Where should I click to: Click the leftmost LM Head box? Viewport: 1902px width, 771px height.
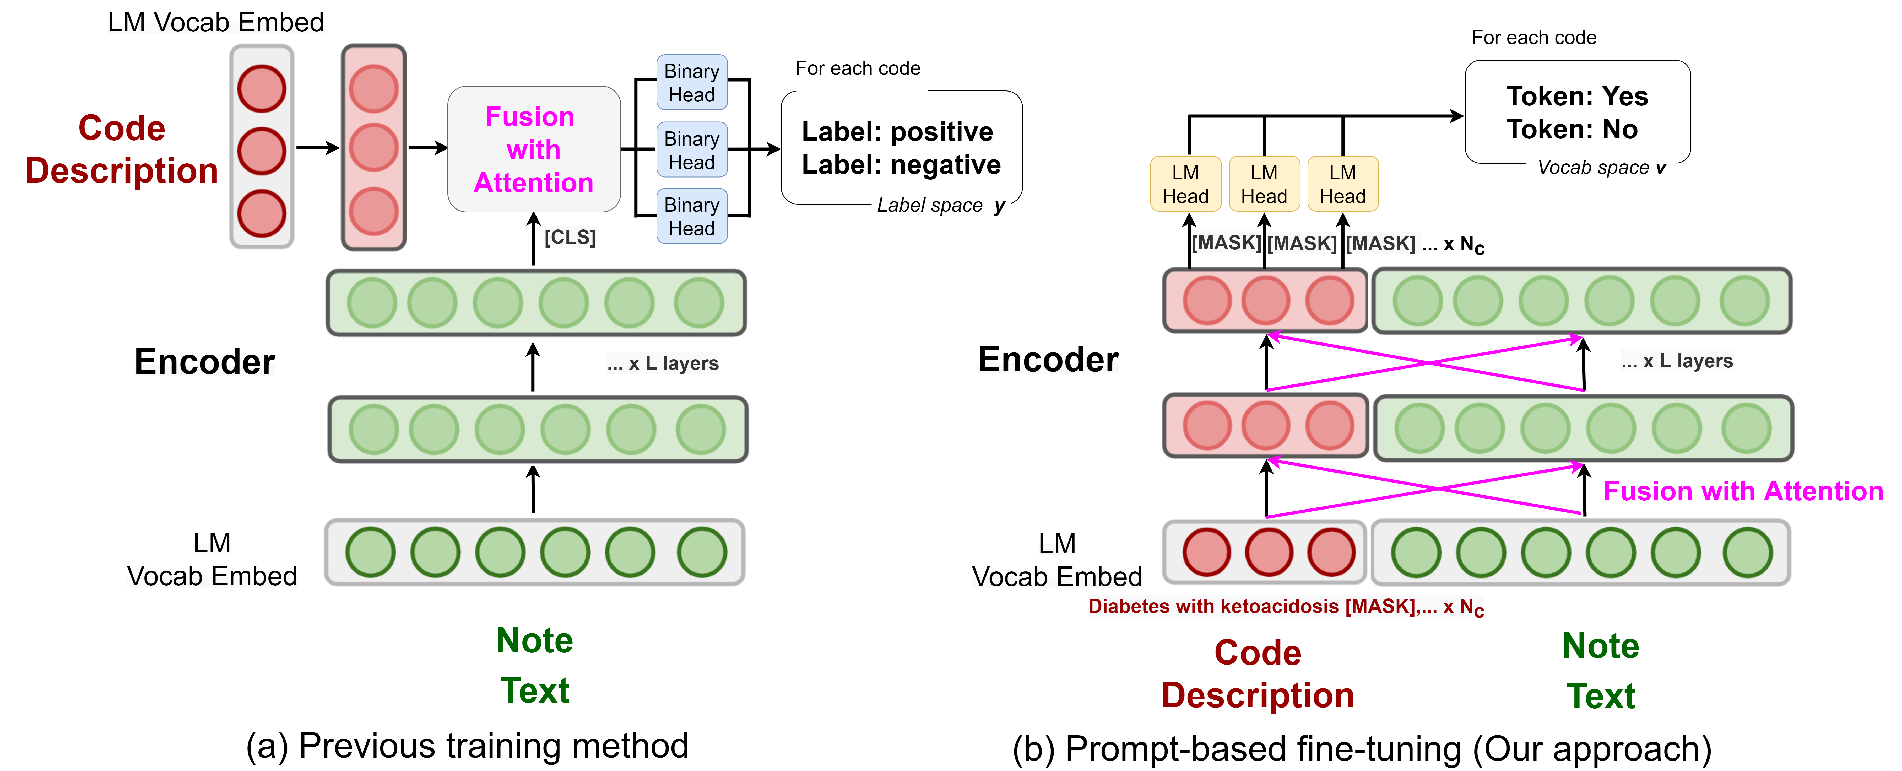pyautogui.click(x=1185, y=184)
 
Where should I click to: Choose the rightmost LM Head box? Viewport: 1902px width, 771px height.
pyautogui.click(x=1342, y=184)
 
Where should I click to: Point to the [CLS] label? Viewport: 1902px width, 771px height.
pyautogui.click(x=569, y=237)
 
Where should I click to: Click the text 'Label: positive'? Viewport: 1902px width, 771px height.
pyautogui.click(x=897, y=131)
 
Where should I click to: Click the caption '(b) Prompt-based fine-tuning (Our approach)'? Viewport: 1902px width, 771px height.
pyautogui.click(x=1362, y=749)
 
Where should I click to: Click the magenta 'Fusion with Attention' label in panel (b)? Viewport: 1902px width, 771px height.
pyautogui.click(x=1742, y=491)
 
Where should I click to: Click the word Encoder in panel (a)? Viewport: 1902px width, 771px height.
pyautogui.click(x=204, y=362)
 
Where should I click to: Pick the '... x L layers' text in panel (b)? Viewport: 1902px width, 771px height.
pyautogui.click(x=1676, y=361)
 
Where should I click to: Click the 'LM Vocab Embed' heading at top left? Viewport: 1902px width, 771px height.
pyautogui.click(x=216, y=22)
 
